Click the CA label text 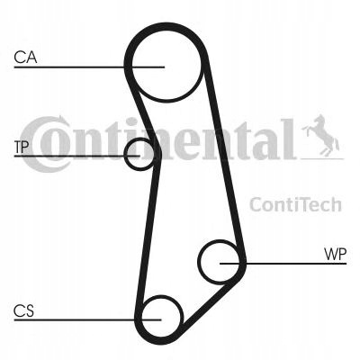(x=25, y=58)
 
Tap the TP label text (x=22, y=147)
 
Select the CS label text (x=23, y=310)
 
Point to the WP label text (x=336, y=255)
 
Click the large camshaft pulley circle (x=166, y=99)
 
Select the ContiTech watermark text (x=295, y=204)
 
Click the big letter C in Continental (x=45, y=144)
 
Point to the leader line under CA (x=89, y=67)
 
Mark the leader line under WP (x=283, y=264)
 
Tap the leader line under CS (x=87, y=319)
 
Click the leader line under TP (x=77, y=156)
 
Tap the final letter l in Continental (x=289, y=139)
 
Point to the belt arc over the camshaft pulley (x=166, y=26)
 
